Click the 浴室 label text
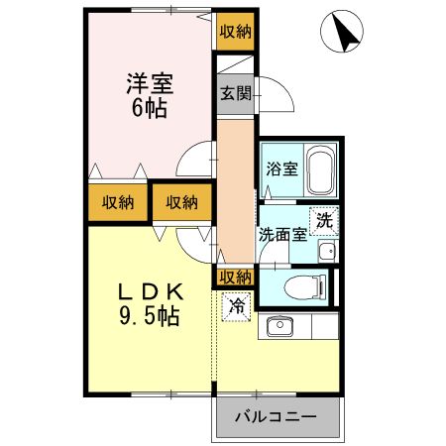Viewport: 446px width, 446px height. coord(280,168)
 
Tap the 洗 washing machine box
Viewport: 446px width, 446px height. coord(325,221)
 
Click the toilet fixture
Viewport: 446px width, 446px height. coord(305,286)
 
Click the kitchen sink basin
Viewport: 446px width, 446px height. coord(278,326)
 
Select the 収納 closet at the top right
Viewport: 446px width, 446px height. coord(235,31)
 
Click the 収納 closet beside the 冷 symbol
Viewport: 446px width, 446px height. coord(235,277)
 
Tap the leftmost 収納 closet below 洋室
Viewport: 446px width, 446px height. coord(117,202)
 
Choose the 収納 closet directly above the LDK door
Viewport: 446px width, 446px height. coord(181,202)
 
